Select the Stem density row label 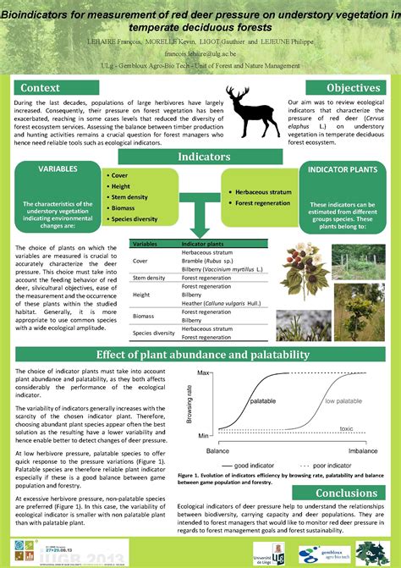coord(149,278)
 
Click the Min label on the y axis coord(203,435)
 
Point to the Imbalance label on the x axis coord(362,451)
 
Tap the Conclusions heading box coord(347,493)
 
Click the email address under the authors coord(200,52)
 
